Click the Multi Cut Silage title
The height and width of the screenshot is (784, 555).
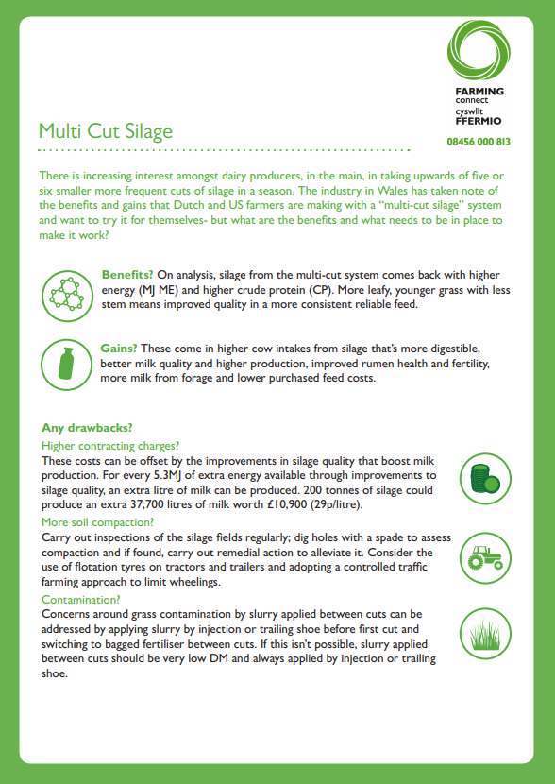106,131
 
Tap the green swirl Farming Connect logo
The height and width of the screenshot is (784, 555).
479,50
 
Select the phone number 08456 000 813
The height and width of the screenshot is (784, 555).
479,142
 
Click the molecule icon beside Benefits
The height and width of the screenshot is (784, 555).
67,295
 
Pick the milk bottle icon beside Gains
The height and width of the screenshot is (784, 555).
66,365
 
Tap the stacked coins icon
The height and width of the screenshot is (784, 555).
485,479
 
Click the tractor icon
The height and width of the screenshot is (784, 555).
485,558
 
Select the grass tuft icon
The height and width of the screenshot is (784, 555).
485,634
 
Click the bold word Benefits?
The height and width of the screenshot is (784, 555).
127,275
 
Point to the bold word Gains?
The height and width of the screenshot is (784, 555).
119,349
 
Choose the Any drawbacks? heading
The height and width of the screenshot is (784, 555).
87,428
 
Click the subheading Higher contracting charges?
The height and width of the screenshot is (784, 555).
110,446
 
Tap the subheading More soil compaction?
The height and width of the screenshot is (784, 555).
98,522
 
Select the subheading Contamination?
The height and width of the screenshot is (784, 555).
81,600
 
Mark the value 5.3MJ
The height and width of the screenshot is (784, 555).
167,475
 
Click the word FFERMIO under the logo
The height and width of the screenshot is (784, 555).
478,121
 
